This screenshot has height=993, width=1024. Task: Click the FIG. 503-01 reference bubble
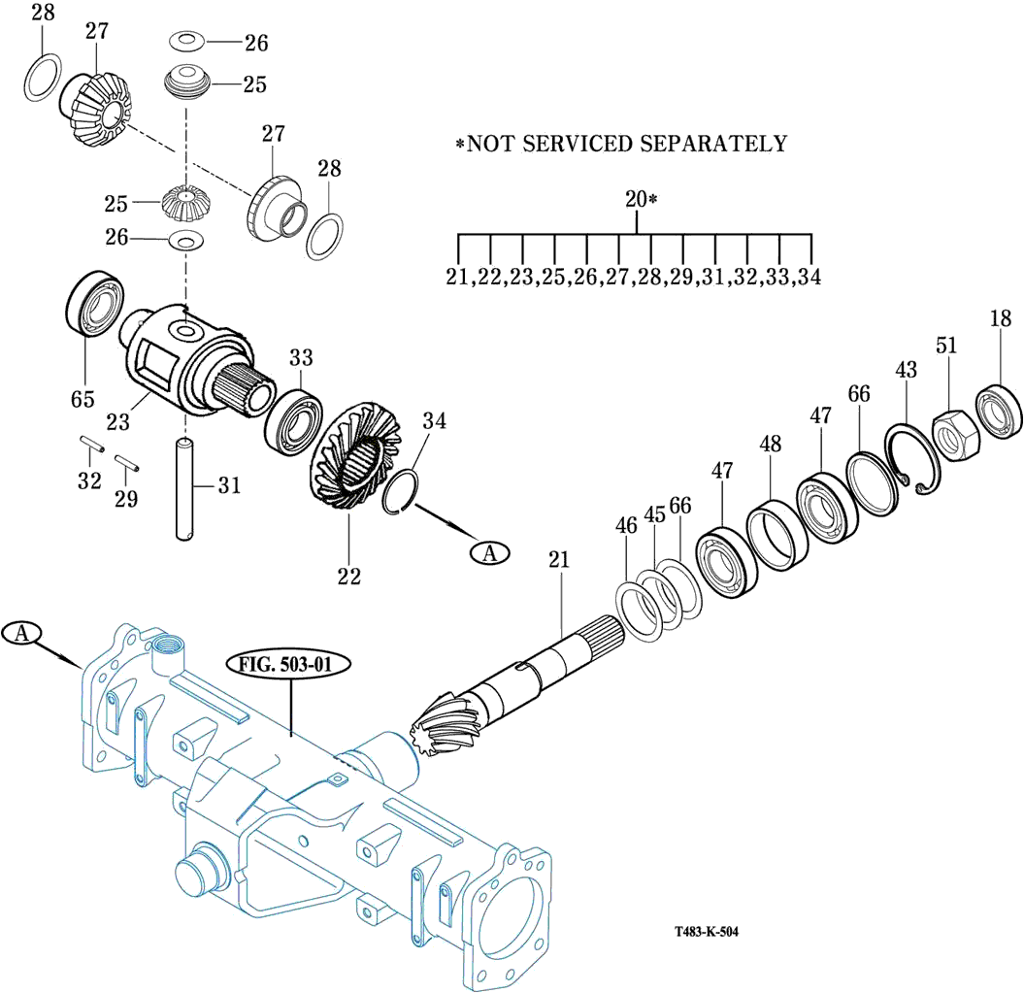(290, 665)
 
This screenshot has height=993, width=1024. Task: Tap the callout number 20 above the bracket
(636, 199)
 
